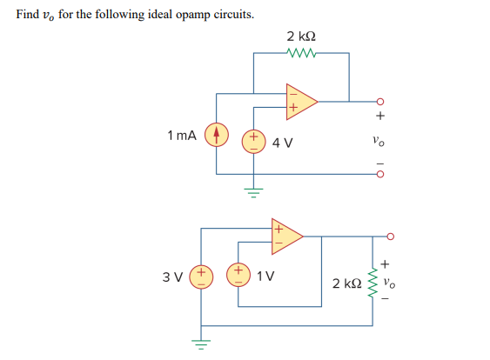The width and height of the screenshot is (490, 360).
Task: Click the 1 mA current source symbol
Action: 215,136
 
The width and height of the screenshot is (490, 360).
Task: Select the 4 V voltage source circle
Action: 253,140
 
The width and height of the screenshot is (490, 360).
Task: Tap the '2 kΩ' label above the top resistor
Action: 301,35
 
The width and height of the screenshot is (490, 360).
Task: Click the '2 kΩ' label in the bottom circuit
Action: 346,283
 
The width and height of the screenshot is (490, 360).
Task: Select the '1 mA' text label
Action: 182,136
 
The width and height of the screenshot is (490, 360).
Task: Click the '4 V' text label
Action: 282,142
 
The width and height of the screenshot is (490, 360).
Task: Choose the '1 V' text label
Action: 265,277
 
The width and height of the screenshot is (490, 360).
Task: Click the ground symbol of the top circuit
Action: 253,189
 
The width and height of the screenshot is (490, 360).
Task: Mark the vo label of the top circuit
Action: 377,139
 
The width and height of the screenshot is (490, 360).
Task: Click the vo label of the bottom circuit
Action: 399,281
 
